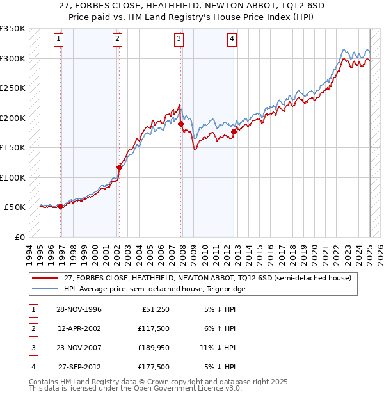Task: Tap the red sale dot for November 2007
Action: [x=181, y=124]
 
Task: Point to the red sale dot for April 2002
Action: [x=119, y=168]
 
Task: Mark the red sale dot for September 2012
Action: [x=234, y=131]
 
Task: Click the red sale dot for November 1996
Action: [x=61, y=206]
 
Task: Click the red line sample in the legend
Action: [x=45, y=279]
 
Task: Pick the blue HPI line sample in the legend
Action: [x=45, y=289]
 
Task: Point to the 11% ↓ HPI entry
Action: [x=218, y=348]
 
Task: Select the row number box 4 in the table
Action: [x=33, y=368]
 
